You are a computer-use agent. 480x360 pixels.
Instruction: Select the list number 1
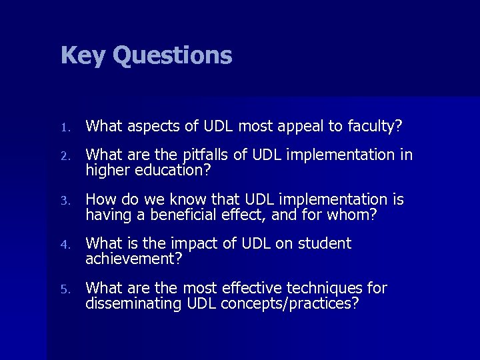click(x=64, y=125)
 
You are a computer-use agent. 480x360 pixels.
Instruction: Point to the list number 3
click(x=64, y=200)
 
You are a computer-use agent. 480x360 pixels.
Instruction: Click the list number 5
click(x=64, y=289)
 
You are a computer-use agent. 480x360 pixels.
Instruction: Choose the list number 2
click(x=64, y=156)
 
